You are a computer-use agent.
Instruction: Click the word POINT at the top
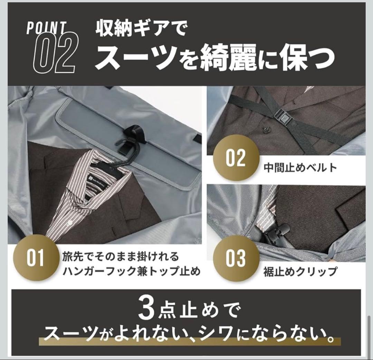click(x=46, y=28)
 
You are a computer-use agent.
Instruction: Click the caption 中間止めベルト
click(x=300, y=168)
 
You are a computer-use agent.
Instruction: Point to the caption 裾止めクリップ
click(x=300, y=271)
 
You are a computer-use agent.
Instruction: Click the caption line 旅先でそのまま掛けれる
click(x=121, y=257)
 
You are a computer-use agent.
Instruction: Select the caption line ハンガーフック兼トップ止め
click(x=131, y=271)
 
